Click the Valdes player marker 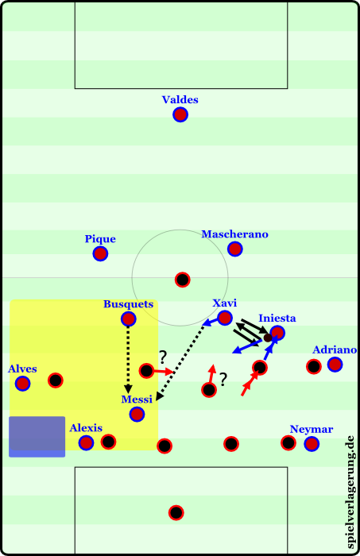click(x=180, y=114)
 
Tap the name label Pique click(x=100, y=239)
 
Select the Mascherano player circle click(x=234, y=249)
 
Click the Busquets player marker click(x=129, y=319)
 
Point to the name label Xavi click(x=225, y=303)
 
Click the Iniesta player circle click(x=277, y=333)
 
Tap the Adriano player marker click(x=335, y=364)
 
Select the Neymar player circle click(x=312, y=443)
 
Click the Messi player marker click(x=137, y=414)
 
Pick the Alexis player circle click(x=86, y=442)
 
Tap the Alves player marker click(x=23, y=384)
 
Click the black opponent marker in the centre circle click(x=182, y=280)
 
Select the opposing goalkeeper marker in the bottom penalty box click(x=176, y=512)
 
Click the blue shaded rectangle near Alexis click(x=37, y=437)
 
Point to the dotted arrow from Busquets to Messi click(x=129, y=360)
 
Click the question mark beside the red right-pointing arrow click(x=162, y=357)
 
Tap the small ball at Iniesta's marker click(x=268, y=338)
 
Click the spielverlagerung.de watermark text click(x=350, y=492)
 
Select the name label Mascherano click(x=234, y=234)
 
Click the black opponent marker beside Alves click(x=56, y=380)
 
